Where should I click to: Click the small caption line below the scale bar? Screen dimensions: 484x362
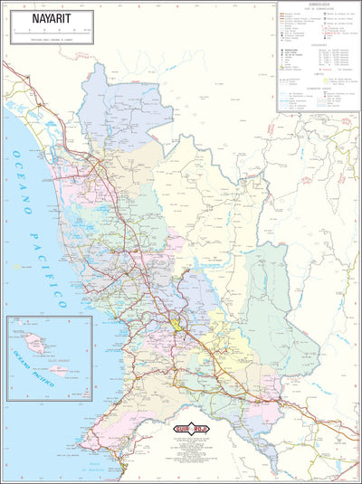coord(52,40)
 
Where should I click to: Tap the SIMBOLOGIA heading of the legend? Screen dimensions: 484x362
coord(317,5)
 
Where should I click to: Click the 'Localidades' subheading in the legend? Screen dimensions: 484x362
coord(317,43)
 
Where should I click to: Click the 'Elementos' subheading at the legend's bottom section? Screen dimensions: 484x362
coord(317,89)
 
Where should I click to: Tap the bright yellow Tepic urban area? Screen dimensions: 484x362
coord(176,322)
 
